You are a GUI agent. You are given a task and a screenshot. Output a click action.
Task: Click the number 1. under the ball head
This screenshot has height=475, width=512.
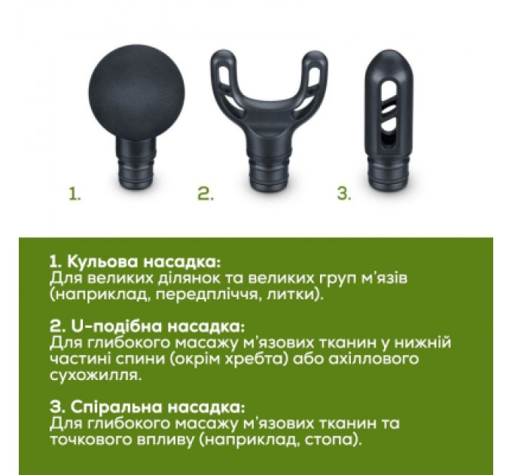coord(74,195)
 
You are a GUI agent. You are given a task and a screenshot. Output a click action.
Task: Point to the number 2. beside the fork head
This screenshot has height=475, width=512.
coord(205,195)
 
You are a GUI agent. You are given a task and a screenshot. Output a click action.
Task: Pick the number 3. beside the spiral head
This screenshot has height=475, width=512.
coord(343,195)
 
